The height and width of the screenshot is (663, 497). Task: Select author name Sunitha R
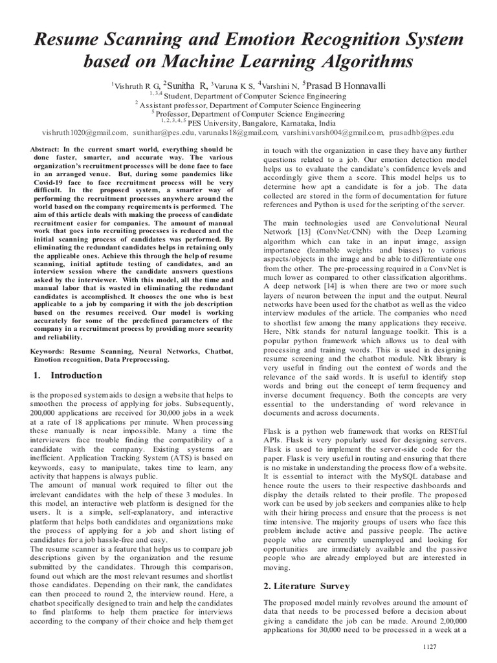coord(185,85)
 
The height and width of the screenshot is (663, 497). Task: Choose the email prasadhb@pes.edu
coord(422,131)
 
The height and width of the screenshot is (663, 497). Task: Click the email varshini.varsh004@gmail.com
coord(333,131)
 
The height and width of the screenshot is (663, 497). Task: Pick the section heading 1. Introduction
coord(67,376)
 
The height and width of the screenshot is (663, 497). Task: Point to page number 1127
coord(430,646)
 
